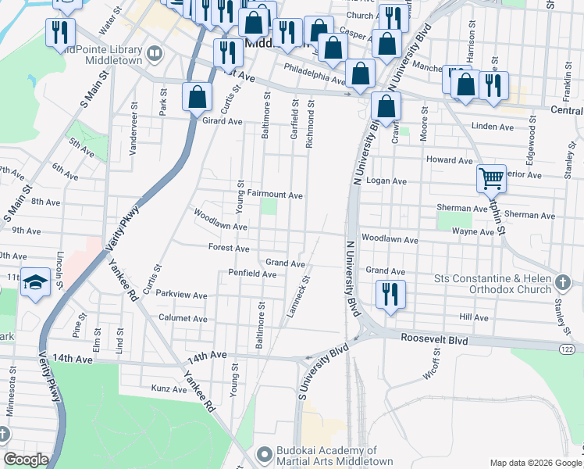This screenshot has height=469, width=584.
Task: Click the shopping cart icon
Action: [x=491, y=179]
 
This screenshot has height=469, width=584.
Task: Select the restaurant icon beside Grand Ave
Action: [x=388, y=294]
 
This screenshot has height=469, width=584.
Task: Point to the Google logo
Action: [x=26, y=460]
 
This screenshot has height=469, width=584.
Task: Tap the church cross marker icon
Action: [x=564, y=281]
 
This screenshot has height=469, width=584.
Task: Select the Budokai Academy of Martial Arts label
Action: [x=326, y=456]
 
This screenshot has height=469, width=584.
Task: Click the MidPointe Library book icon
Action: [x=155, y=53]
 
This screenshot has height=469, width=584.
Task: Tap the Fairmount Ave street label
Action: [x=275, y=195]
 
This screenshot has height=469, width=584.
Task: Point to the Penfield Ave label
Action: [x=252, y=274]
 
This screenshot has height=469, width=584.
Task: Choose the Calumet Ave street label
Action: [x=183, y=319]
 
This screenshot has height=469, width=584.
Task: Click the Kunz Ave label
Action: [x=169, y=388]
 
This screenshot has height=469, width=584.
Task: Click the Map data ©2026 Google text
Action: [x=535, y=462]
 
